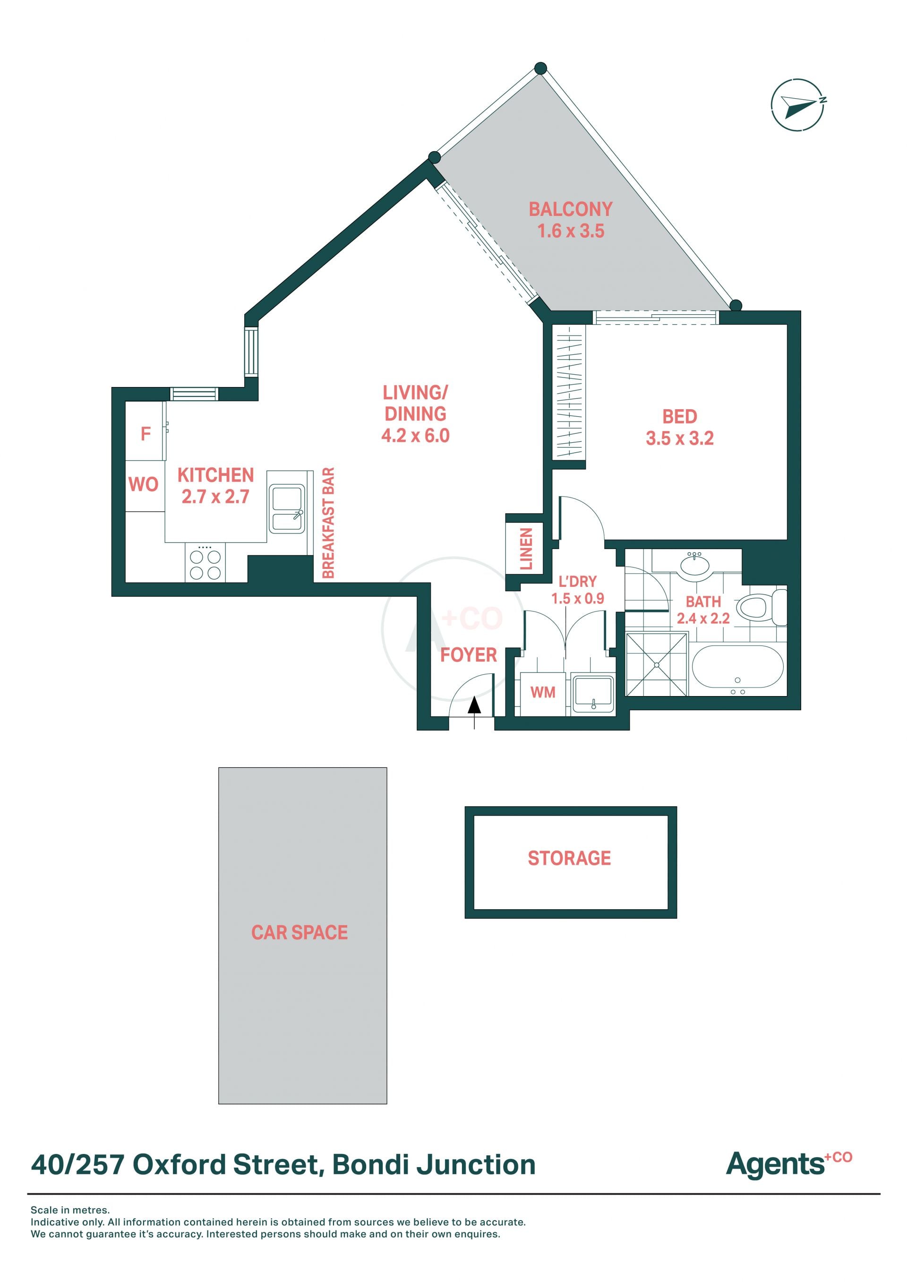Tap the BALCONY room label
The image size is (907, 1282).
tap(570, 209)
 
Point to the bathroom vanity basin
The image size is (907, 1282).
tap(695, 565)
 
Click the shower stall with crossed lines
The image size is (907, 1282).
tap(657, 664)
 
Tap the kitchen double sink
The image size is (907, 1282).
tap(287, 508)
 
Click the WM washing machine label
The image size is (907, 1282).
tap(543, 692)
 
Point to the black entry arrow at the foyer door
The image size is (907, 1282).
tap(474, 705)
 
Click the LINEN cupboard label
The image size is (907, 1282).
tap(526, 549)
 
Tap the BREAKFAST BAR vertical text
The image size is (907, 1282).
tap(328, 523)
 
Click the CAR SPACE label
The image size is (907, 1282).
tap(299, 932)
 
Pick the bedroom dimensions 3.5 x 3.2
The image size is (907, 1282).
tap(680, 438)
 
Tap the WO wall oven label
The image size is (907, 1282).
tap(144, 484)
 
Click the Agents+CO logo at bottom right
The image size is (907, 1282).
tap(788, 1164)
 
